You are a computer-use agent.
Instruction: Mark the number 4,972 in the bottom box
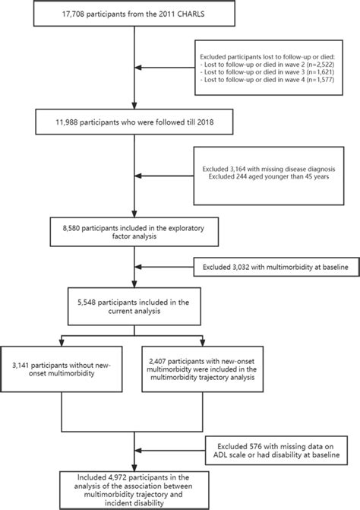coord(96,480)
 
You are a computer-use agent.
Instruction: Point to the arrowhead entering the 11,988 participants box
coord(134,110)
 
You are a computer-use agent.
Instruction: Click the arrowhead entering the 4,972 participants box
coord(134,467)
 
